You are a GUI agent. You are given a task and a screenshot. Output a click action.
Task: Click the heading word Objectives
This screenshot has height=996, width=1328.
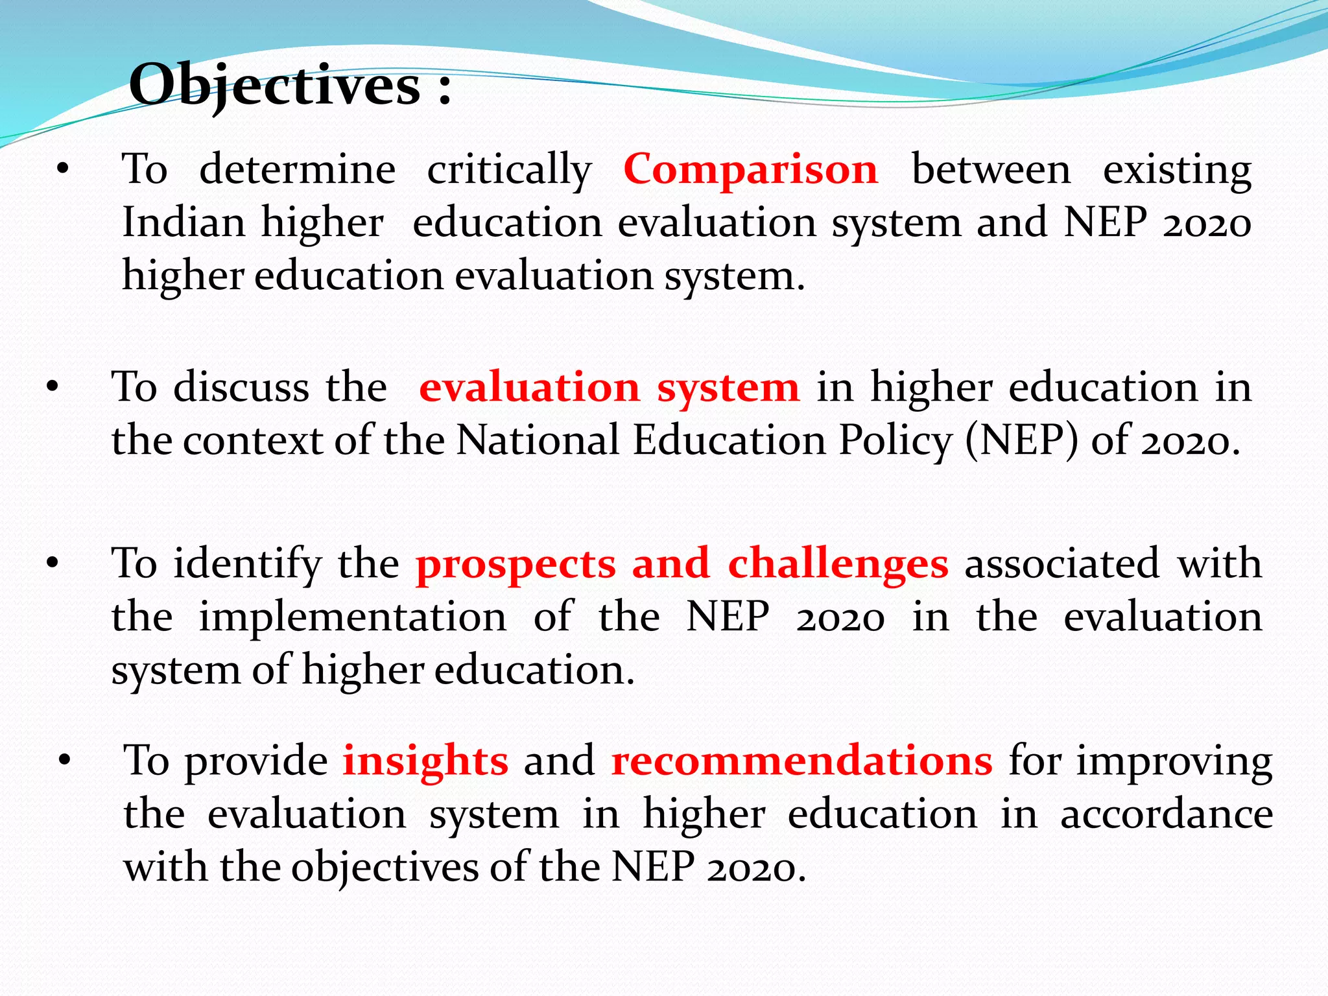point(275,86)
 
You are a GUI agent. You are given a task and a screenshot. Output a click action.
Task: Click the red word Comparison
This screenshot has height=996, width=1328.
point(751,169)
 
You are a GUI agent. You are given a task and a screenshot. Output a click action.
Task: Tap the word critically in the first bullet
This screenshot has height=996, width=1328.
point(509,171)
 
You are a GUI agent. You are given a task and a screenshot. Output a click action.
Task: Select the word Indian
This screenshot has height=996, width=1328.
point(184,222)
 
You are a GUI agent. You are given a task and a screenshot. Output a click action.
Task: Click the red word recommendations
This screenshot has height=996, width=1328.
point(801,761)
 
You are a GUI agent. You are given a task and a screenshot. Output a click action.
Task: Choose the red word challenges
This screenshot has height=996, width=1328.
point(838,564)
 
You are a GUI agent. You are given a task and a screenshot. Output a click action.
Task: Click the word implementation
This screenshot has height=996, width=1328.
point(352,617)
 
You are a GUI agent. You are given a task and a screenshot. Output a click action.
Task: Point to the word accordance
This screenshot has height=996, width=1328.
point(1167,814)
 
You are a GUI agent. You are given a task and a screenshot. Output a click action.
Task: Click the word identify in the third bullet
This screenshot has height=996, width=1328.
point(247,564)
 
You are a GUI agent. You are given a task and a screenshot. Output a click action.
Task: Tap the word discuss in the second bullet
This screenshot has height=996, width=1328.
point(241,388)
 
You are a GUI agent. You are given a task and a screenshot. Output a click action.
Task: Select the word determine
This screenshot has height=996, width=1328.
point(297,170)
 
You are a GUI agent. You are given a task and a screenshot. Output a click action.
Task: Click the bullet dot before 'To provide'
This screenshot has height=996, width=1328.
point(64,760)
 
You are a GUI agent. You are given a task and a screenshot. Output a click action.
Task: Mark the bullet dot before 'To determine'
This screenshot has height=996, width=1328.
point(62,170)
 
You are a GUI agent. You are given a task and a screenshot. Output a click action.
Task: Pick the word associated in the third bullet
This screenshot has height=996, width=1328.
point(1061,563)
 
